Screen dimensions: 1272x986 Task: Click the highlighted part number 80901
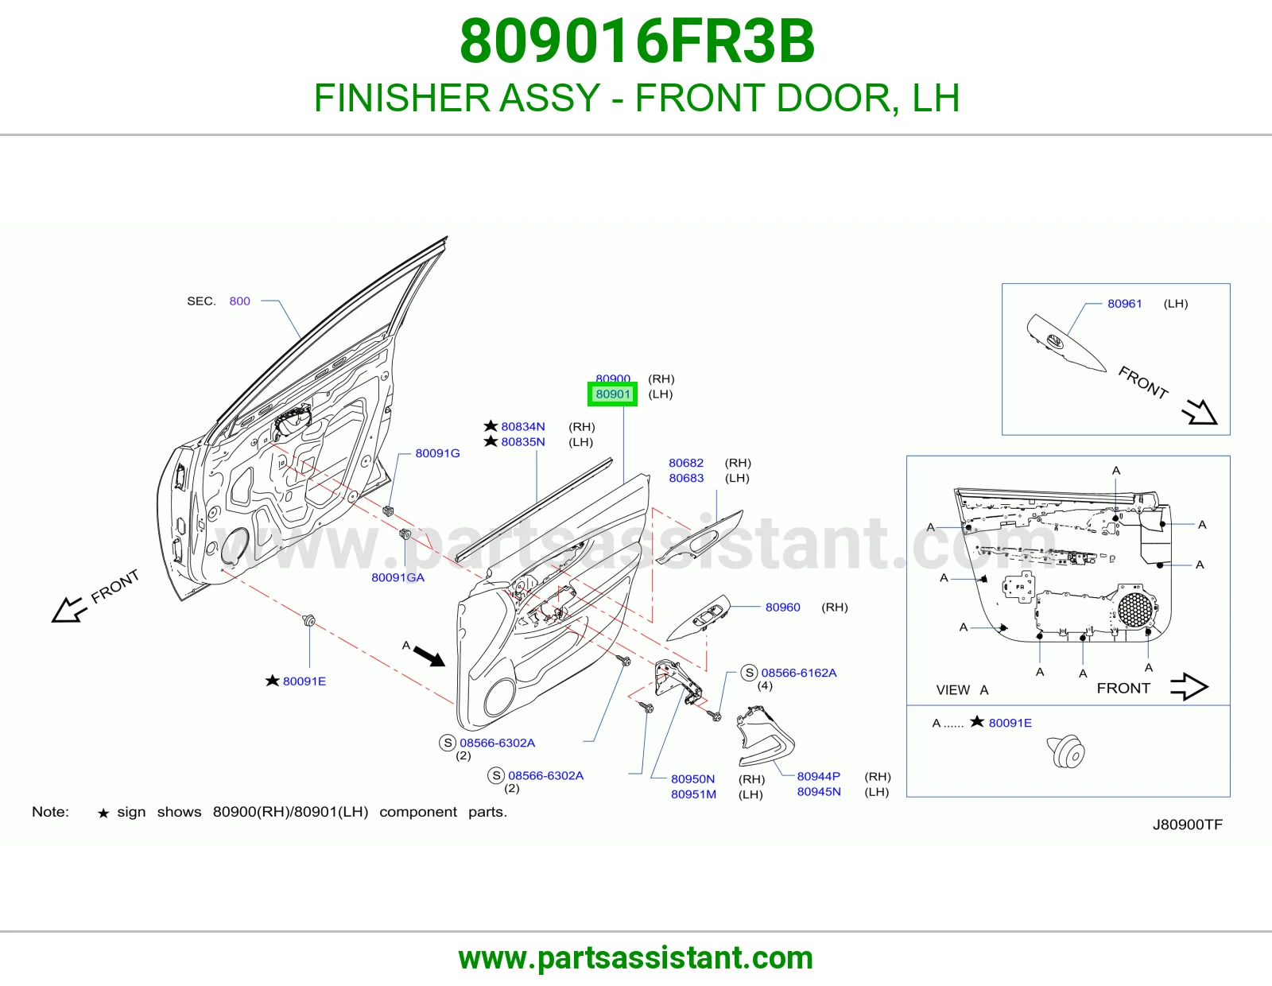tap(612, 394)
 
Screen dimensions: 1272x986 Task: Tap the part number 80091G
tap(437, 453)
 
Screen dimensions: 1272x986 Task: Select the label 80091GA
tap(398, 577)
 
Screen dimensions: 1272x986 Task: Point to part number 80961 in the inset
tap(1124, 303)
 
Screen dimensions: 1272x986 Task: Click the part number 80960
tap(782, 608)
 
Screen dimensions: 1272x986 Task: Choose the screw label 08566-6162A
tap(798, 673)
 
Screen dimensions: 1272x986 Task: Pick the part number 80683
tap(686, 478)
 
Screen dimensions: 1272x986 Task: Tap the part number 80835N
tap(523, 441)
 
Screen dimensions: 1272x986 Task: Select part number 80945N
tap(819, 792)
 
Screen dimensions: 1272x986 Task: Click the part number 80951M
tap(694, 794)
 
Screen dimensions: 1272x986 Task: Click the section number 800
tap(239, 301)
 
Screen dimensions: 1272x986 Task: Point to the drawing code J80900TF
tap(1188, 825)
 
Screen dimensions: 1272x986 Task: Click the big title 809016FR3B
tap(637, 41)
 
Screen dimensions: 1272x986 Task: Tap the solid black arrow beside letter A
tap(429, 656)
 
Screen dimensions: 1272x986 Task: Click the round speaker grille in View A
tap(1135, 610)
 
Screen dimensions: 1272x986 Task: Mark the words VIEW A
tap(962, 689)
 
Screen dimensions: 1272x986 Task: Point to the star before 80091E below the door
tap(272, 681)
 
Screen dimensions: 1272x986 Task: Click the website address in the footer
tap(636, 958)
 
